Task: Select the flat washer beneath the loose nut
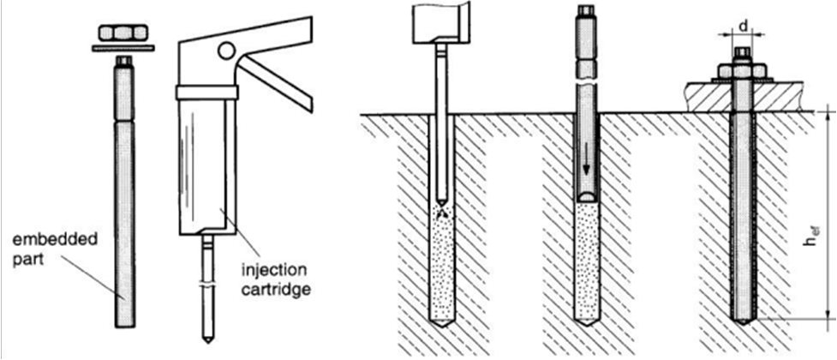(x=123, y=47)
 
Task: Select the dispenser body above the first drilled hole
(x=438, y=21)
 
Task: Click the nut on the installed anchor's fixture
(x=742, y=71)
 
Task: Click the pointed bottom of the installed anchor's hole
(x=743, y=319)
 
